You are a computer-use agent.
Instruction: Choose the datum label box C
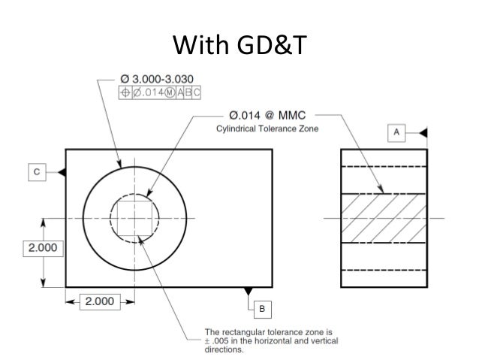click(x=36, y=172)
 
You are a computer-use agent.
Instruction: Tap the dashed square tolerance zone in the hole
click(x=135, y=219)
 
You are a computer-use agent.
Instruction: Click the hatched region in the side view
click(x=384, y=219)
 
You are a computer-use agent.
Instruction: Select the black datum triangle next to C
click(x=62, y=172)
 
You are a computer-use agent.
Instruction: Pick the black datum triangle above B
click(x=249, y=291)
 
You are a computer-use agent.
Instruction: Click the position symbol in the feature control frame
click(x=126, y=93)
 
